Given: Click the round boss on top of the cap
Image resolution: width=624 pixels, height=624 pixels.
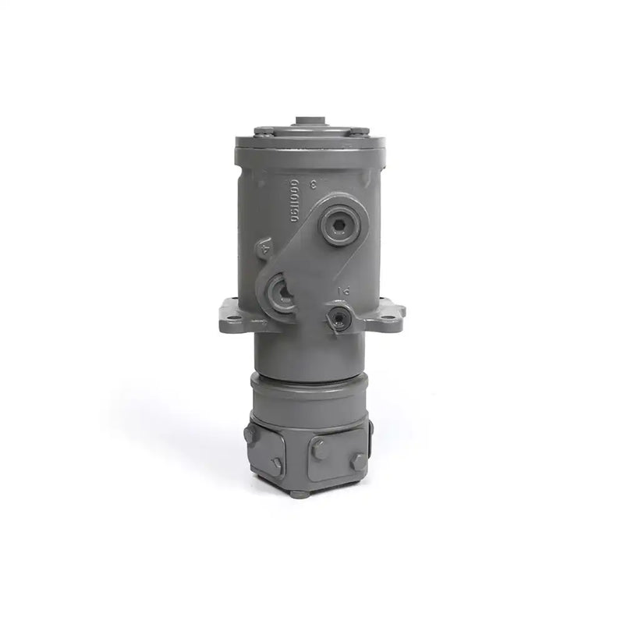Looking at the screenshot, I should (x=312, y=122).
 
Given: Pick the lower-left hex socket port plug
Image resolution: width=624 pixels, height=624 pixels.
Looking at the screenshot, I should (x=280, y=292).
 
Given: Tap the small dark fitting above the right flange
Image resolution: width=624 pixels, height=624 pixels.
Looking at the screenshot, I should (x=339, y=316).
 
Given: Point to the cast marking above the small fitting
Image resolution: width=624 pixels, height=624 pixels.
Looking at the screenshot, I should (x=342, y=290).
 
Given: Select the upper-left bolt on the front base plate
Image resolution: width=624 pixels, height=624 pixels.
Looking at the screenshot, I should (x=318, y=449).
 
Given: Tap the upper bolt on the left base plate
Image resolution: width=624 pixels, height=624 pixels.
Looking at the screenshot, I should (x=250, y=434).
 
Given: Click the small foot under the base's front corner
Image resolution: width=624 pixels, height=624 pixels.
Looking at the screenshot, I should (x=300, y=493).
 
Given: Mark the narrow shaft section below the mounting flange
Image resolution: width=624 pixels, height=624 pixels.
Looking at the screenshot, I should (x=310, y=353).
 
